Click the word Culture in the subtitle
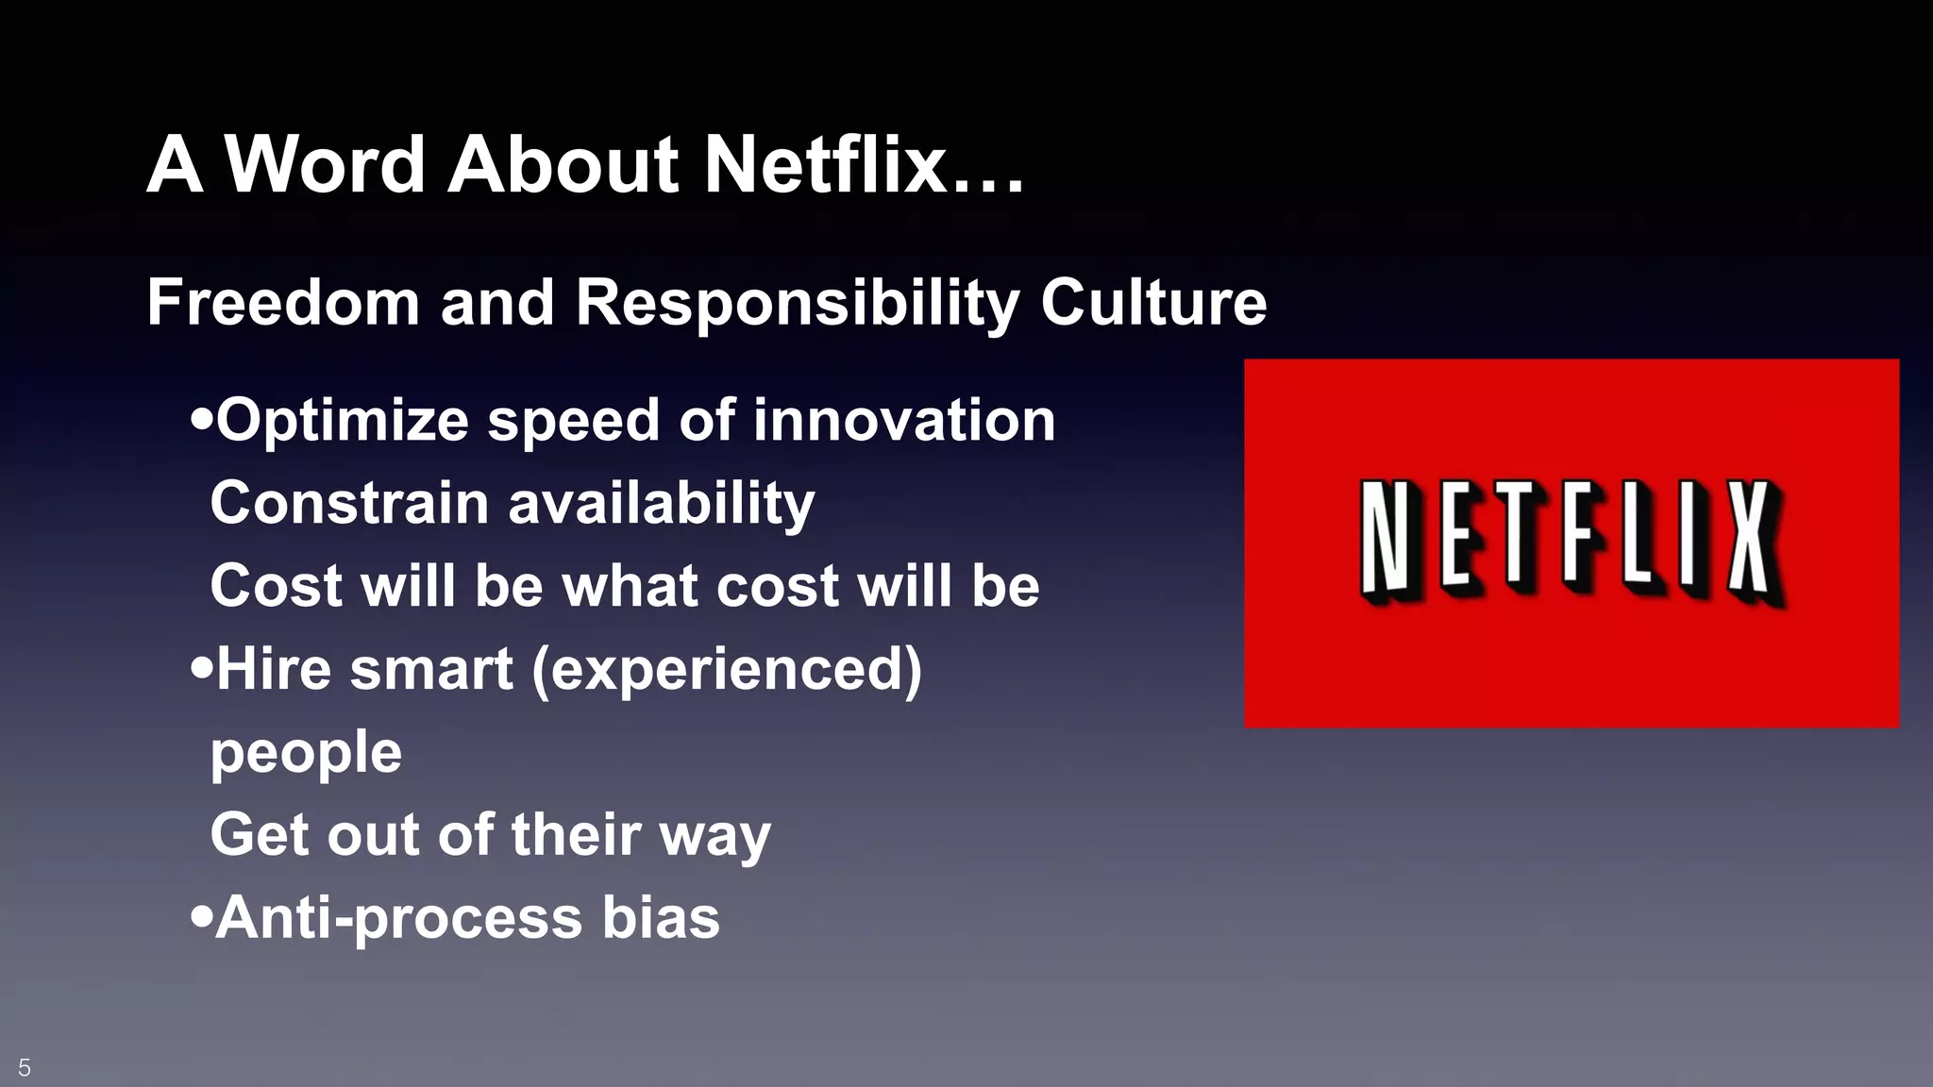1153,302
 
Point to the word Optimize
342,421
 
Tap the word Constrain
348,502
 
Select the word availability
661,504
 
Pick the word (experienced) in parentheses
727,670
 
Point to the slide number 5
25,1067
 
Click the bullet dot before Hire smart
200,669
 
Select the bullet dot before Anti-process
200,916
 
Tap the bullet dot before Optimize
200,418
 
